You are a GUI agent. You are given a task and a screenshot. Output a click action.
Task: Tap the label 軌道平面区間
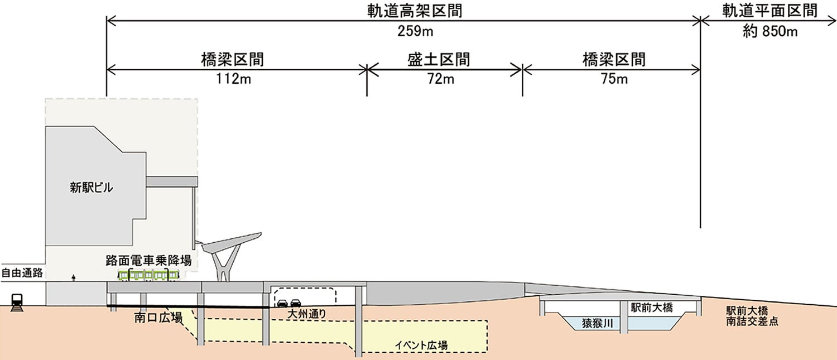pos(769,11)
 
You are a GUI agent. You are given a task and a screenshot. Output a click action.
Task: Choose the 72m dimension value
pos(441,79)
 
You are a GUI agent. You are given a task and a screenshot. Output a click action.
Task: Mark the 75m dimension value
pos(613,79)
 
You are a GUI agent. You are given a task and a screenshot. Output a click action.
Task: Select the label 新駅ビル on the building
pos(92,188)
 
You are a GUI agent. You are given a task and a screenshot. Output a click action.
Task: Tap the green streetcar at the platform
pos(148,275)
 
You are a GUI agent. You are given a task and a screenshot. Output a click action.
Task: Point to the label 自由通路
pos(22,273)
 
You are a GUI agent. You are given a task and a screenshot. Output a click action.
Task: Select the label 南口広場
pos(158,318)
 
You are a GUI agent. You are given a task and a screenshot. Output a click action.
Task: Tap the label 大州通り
pos(306,314)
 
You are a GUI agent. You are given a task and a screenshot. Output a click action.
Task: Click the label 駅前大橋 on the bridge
pos(652,307)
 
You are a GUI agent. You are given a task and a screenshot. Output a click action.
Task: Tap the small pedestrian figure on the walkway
pos(73,277)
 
